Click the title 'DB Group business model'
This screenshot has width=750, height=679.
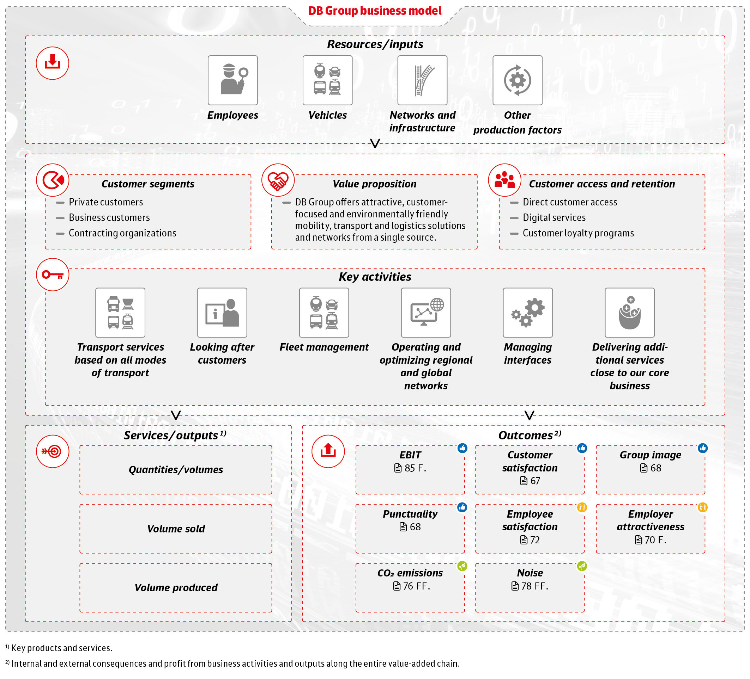tap(375, 11)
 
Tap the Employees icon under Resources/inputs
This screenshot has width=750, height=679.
tap(232, 80)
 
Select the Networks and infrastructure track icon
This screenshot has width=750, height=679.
tap(422, 80)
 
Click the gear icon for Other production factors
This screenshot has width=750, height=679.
tap(517, 80)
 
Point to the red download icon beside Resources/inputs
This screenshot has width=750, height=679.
tap(53, 63)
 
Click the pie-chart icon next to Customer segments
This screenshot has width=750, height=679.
tap(53, 180)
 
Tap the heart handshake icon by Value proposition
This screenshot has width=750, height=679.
tap(278, 180)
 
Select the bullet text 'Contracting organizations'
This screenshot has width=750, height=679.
tap(122, 233)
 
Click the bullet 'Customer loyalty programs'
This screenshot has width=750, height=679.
tap(578, 233)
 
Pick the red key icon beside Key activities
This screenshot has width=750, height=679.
tap(53, 274)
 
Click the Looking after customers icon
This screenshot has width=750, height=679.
tap(222, 313)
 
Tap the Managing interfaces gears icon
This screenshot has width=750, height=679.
tap(527, 313)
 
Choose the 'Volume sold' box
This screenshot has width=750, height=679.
tap(176, 529)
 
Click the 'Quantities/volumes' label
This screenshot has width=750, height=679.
tap(176, 469)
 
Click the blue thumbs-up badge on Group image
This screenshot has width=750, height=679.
tap(702, 448)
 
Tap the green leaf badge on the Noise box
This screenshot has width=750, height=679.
tap(582, 566)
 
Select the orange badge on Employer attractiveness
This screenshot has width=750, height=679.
tap(702, 507)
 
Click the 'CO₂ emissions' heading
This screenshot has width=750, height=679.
tap(410, 573)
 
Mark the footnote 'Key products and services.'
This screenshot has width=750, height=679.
tap(61, 648)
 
